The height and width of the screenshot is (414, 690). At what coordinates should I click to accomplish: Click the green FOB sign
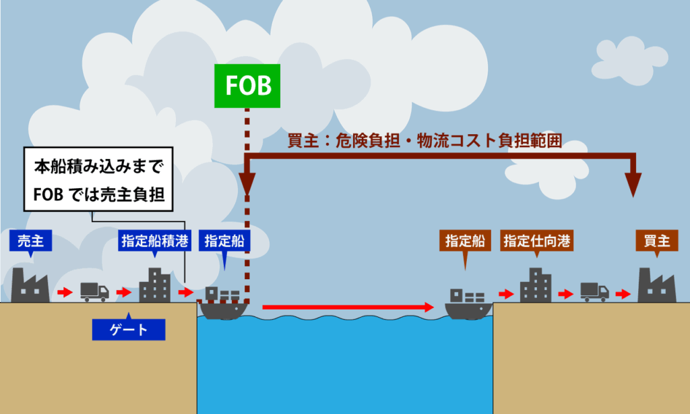pyautogui.click(x=247, y=86)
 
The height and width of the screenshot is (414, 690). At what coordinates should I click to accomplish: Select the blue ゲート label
pyautogui.click(x=128, y=330)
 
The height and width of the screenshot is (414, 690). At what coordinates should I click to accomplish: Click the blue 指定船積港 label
pyautogui.click(x=154, y=241)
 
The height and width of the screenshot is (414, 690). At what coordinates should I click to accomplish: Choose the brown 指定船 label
pyautogui.click(x=465, y=241)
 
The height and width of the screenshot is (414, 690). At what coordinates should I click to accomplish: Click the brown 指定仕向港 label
pyautogui.click(x=536, y=241)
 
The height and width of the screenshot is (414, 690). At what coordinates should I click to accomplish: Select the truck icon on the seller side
pyautogui.click(x=94, y=291)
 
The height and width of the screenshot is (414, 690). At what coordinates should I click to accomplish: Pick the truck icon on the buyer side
pyautogui.click(x=594, y=291)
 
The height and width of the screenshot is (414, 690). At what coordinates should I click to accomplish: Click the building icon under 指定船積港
pyautogui.click(x=154, y=285)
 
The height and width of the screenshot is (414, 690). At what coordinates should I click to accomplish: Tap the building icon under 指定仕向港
pyautogui.click(x=536, y=285)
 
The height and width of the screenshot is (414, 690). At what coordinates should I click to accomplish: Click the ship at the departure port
pyautogui.click(x=223, y=304)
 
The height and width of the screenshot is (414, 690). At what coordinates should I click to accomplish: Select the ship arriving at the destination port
pyautogui.click(x=468, y=304)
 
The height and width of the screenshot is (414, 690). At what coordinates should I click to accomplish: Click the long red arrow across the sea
pyautogui.click(x=347, y=307)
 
